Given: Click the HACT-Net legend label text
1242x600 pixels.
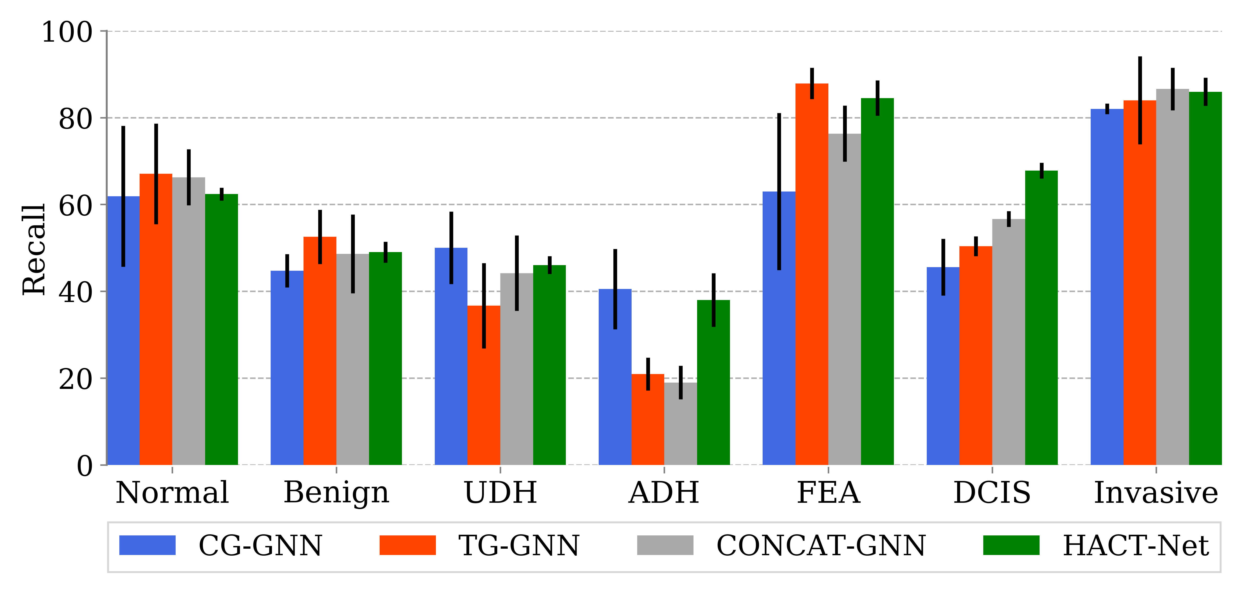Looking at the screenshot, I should pyautogui.click(x=1135, y=546).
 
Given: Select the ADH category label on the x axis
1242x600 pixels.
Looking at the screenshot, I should pyautogui.click(x=664, y=492).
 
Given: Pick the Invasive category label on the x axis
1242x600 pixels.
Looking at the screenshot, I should pyautogui.click(x=1156, y=492).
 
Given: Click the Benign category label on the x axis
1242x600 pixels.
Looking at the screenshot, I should pyautogui.click(x=336, y=492).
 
